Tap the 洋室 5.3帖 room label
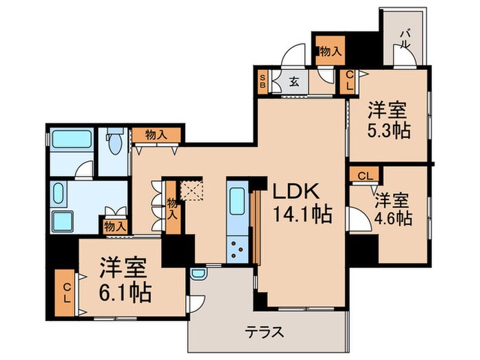click(388, 119)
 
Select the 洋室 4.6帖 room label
click(392, 208)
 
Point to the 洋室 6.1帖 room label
click(125, 279)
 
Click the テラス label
click(265, 333)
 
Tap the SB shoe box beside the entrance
click(263, 82)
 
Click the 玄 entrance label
click(294, 82)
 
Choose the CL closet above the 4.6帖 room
click(365, 176)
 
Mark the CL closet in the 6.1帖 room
click(67, 293)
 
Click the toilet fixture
click(115, 143)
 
